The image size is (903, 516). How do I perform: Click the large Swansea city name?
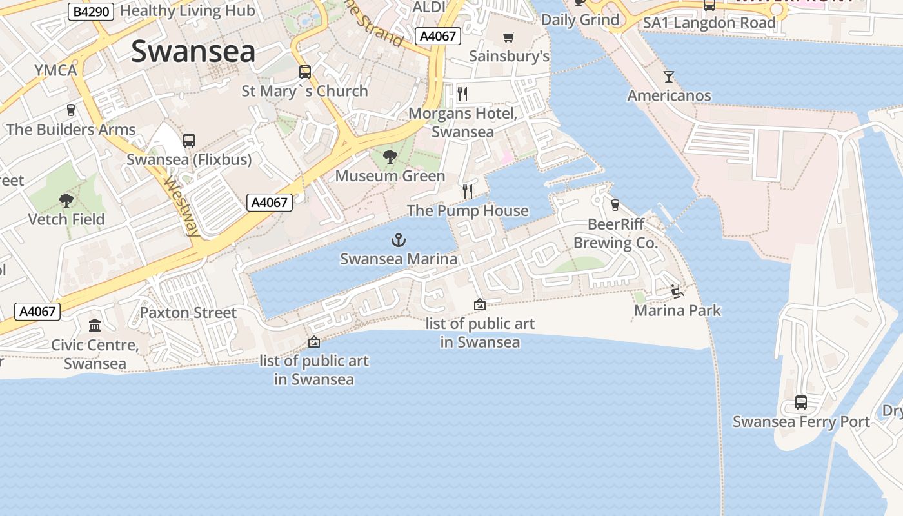click(193, 52)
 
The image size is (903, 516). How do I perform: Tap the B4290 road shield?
click(90, 11)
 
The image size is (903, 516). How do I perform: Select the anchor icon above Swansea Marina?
click(399, 241)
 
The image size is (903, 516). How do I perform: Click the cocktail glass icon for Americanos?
click(669, 77)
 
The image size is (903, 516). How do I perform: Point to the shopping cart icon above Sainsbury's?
click(509, 37)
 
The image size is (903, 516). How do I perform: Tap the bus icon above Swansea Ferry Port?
click(800, 402)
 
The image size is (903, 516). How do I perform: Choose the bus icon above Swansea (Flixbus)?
click(189, 140)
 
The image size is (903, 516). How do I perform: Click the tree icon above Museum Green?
click(390, 157)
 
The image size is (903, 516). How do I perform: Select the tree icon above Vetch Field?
click(66, 200)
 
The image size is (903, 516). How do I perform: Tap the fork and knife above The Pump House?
click(468, 192)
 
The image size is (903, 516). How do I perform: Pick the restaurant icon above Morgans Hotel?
click(462, 94)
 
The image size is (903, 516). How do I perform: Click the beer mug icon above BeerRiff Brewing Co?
click(615, 205)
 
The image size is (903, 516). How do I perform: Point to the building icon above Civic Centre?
click(95, 325)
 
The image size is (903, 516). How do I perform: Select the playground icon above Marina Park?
click(677, 292)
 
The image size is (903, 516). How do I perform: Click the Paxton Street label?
click(188, 313)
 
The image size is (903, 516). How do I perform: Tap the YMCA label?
click(56, 70)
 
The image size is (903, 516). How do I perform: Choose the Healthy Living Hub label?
click(188, 11)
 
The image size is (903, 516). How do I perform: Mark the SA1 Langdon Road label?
click(709, 23)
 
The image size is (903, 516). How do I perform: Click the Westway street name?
click(181, 206)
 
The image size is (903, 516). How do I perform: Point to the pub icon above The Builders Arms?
click(71, 110)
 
